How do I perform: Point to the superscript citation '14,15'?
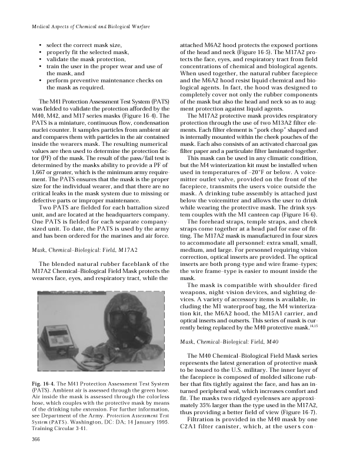point(314,325)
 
